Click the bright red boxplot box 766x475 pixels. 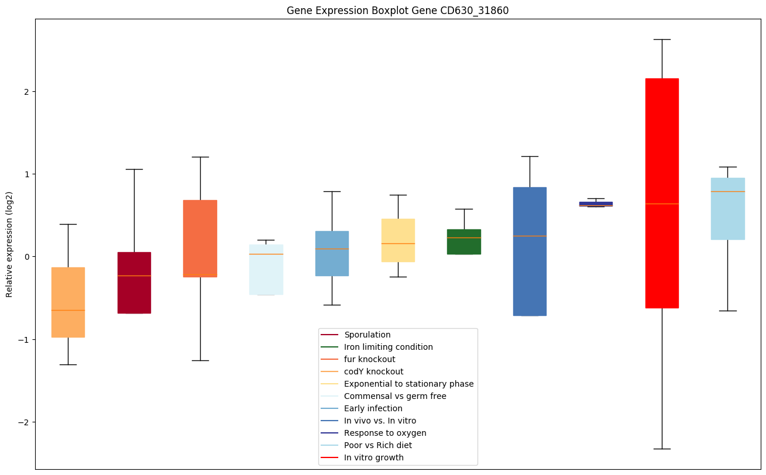tap(662, 193)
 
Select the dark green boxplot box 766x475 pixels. tap(464, 242)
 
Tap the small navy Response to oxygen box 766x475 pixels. tap(596, 204)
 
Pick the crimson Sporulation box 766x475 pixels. tap(134, 283)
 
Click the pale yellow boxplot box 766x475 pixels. tap(398, 240)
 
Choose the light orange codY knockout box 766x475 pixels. tap(68, 302)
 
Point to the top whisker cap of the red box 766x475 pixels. tap(662, 39)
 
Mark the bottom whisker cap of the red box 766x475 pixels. tap(662, 449)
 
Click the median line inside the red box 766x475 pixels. tap(662, 204)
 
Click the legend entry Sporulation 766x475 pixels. tap(367, 335)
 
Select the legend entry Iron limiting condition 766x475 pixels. tap(388, 347)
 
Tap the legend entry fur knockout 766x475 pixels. tap(369, 359)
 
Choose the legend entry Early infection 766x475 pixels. tap(373, 408)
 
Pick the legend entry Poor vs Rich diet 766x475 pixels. tap(377, 445)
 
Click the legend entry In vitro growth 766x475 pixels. tap(373, 457)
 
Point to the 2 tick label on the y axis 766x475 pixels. tap(27, 92)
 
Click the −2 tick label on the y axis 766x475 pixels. tap(24, 422)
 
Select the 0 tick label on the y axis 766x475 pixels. tap(27, 257)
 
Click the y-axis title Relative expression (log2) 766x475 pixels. tap(9, 244)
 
